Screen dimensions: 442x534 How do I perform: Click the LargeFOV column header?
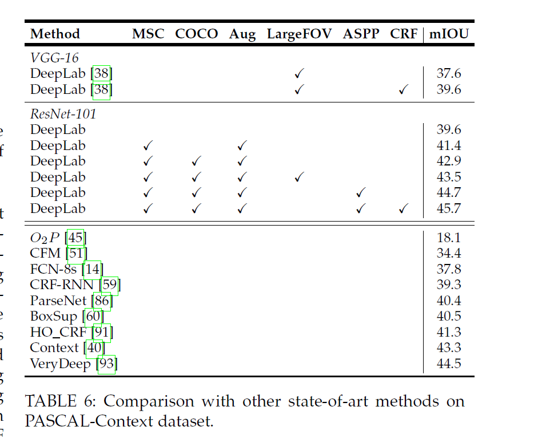click(299, 34)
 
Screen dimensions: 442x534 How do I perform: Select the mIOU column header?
click(449, 34)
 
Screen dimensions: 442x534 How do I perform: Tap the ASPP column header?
click(361, 34)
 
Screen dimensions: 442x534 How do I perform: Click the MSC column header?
click(148, 34)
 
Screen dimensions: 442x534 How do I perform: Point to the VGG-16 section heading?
click(54, 58)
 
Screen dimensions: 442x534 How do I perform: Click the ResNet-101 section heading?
click(63, 114)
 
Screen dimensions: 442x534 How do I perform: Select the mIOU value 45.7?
click(449, 209)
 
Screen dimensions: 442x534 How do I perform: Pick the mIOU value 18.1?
click(449, 238)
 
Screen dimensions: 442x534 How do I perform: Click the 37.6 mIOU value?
click(449, 74)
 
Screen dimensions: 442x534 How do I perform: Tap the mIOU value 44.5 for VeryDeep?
click(449, 364)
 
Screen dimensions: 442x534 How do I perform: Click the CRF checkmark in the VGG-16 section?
click(404, 89)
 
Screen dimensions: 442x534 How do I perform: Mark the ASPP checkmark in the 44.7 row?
click(361, 193)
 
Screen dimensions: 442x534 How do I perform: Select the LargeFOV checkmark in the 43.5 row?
click(298, 177)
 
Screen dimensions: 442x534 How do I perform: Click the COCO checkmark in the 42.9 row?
click(196, 161)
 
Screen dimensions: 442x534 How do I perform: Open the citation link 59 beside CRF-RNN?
click(110, 285)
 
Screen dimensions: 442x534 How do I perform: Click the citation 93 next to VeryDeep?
click(107, 364)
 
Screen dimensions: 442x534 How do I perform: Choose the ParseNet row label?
click(58, 301)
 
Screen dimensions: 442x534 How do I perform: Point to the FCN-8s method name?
click(53, 269)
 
